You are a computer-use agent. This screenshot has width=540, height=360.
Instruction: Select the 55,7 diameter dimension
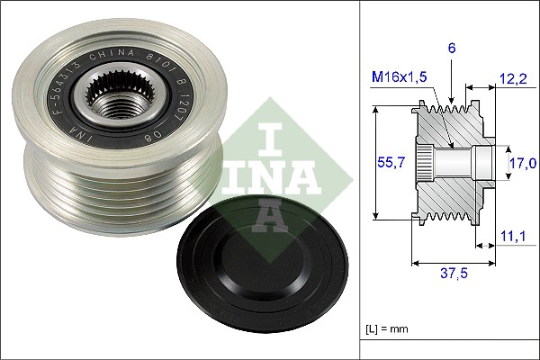[385, 163]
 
